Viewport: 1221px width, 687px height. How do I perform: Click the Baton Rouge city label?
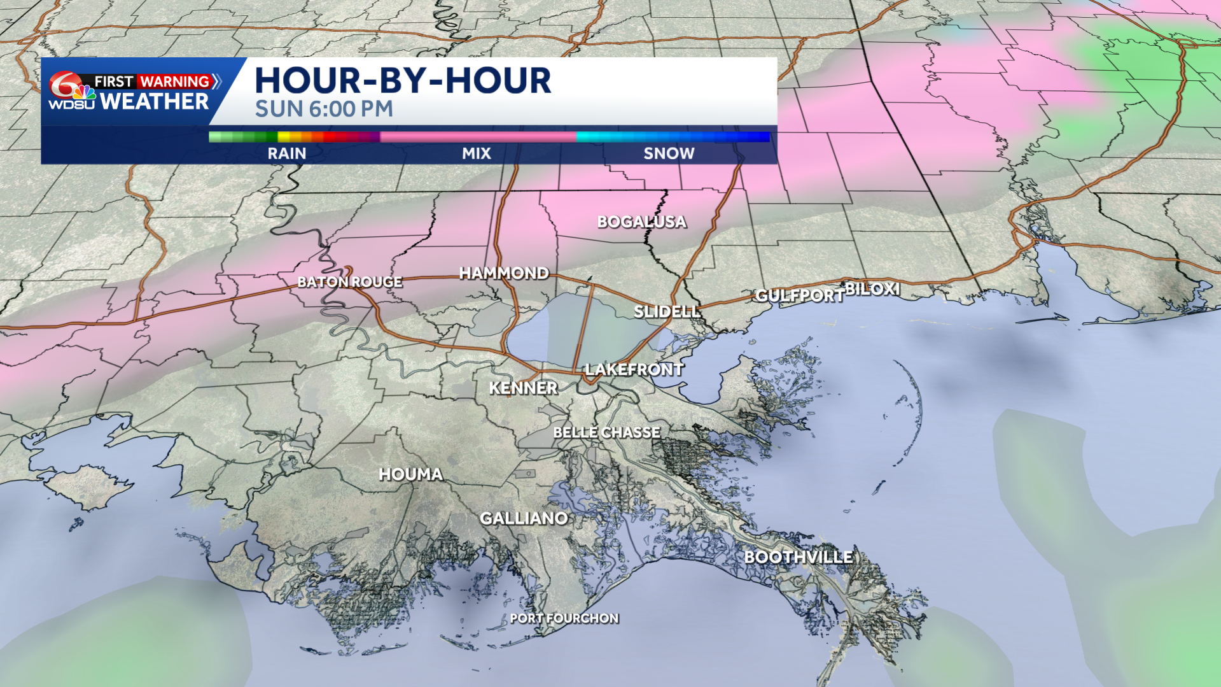(x=350, y=281)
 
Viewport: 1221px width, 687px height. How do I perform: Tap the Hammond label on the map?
(x=504, y=273)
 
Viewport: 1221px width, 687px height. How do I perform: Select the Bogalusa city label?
(x=641, y=222)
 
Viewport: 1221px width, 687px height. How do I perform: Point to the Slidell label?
(x=667, y=311)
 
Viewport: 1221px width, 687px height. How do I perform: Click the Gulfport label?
(x=799, y=295)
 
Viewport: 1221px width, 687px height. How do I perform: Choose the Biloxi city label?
(x=872, y=289)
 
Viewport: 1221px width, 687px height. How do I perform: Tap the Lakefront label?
(x=634, y=369)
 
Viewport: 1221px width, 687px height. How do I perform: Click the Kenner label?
(x=523, y=388)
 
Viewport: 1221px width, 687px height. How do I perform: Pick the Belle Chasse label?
(x=606, y=432)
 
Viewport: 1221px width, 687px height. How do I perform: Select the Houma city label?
(x=410, y=474)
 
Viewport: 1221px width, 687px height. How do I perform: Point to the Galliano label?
(x=524, y=518)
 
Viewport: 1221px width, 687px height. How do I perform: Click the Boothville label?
(x=799, y=557)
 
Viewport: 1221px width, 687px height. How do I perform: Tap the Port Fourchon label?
(x=564, y=618)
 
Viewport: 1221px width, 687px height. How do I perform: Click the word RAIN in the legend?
(x=286, y=153)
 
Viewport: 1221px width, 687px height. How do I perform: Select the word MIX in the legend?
(x=477, y=153)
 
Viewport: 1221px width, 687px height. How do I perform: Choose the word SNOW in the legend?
(x=669, y=153)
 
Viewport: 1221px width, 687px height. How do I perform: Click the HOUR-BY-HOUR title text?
(x=403, y=81)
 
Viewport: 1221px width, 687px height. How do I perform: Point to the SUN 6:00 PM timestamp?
(x=324, y=110)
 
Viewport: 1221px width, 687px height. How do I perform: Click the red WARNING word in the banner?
(x=174, y=81)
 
